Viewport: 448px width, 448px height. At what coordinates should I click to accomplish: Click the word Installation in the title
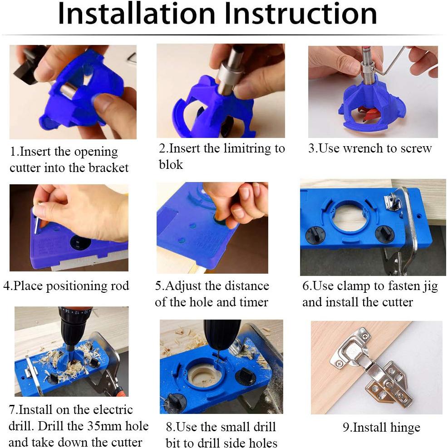(x=137, y=14)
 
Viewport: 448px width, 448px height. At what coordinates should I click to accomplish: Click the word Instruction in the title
(x=300, y=14)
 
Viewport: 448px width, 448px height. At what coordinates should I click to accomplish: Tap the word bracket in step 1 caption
(x=108, y=167)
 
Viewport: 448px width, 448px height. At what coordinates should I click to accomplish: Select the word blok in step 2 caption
(x=171, y=165)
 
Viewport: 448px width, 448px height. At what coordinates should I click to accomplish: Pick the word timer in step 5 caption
(x=254, y=302)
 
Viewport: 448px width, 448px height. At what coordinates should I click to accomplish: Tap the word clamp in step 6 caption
(x=354, y=286)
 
